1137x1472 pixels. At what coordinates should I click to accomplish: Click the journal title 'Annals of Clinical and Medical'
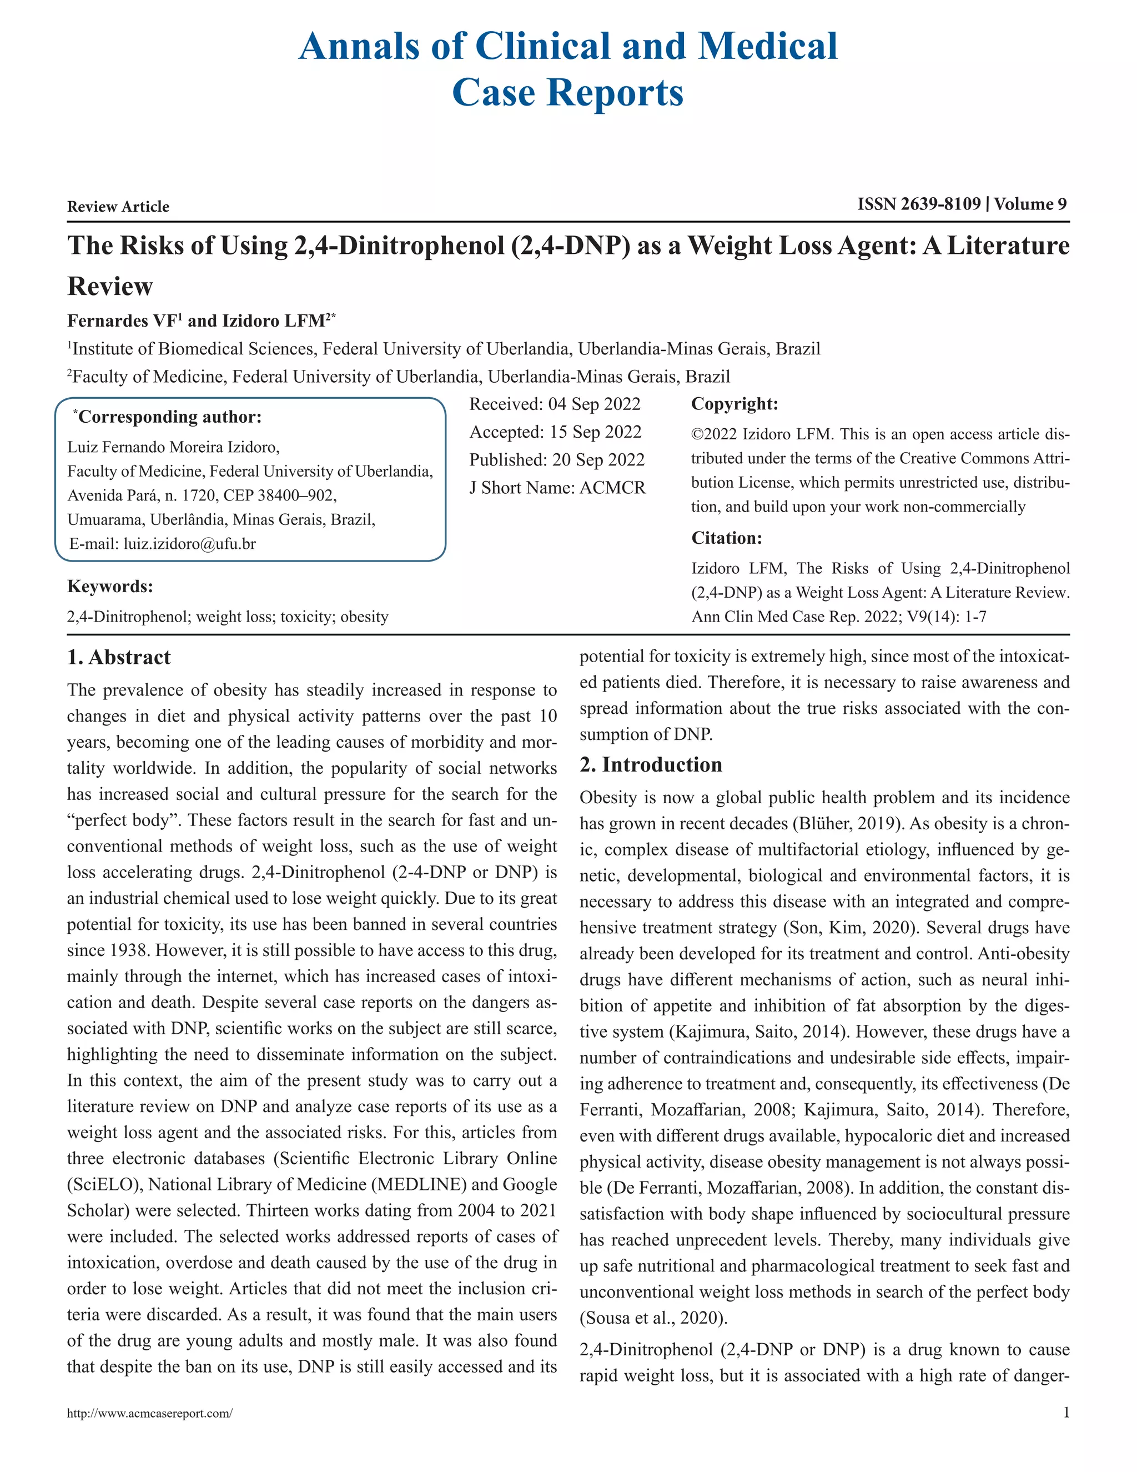[568, 47]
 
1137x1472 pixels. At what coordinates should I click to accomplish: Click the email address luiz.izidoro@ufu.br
[189, 544]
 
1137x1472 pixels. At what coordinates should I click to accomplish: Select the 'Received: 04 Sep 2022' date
[555, 404]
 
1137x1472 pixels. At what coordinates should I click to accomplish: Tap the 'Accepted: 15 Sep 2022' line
[555, 432]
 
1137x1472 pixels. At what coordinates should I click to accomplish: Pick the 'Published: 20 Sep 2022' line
[556, 460]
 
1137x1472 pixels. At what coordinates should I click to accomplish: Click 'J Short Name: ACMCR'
[557, 487]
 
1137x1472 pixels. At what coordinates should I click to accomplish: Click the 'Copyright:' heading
[734, 404]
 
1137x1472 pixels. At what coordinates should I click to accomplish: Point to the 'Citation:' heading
[726, 538]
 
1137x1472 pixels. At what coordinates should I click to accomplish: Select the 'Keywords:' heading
[110, 587]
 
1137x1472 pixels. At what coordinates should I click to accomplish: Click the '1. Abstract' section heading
[119, 657]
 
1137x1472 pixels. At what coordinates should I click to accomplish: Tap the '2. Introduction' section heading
[651, 764]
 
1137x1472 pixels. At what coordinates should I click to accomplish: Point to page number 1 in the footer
[1065, 1413]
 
